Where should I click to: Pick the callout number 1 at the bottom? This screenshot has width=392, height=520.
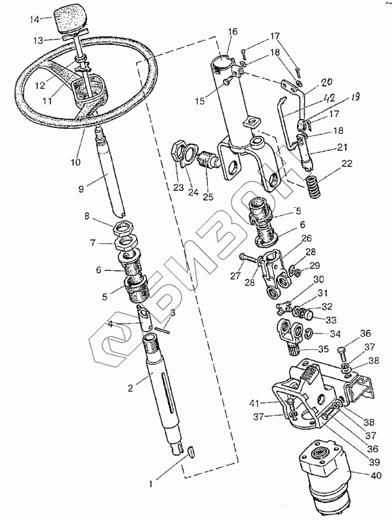click(x=151, y=484)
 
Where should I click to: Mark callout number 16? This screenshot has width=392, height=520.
click(x=233, y=31)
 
